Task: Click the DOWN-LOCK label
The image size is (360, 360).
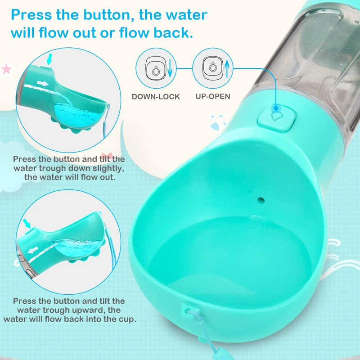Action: [156, 96]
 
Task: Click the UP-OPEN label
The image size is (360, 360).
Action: [213, 96]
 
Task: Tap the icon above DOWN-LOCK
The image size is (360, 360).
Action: [156, 68]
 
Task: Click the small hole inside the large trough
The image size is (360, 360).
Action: [261, 198]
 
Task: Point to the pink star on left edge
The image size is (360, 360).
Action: [6, 69]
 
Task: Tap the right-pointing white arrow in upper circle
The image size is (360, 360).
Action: [43, 83]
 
